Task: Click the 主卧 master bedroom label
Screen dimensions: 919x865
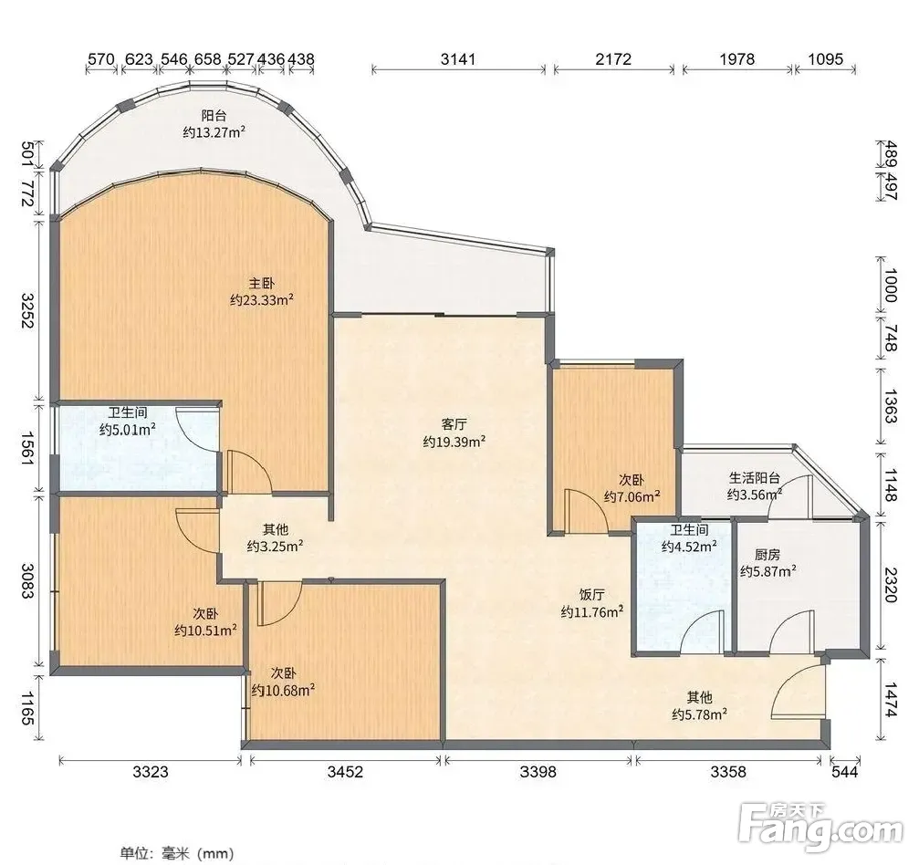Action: coord(261,284)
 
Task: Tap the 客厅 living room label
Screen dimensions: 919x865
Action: coord(454,424)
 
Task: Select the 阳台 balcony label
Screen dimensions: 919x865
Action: coord(214,116)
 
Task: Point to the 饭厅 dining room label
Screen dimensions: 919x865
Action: coord(592,595)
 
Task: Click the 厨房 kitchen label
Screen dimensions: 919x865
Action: coord(768,554)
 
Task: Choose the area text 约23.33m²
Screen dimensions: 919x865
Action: coord(261,300)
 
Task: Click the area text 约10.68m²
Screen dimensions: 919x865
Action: coord(283,691)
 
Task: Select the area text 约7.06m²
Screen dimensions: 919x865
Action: coord(632,497)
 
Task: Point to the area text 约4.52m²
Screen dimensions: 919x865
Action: coord(689,547)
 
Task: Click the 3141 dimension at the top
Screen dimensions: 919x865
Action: coord(458,59)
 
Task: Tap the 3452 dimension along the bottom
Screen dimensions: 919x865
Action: coord(345,772)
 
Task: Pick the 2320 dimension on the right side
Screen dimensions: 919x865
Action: coord(891,584)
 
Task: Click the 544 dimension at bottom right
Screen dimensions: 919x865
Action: coord(844,772)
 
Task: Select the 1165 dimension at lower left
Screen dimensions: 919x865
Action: coord(28,708)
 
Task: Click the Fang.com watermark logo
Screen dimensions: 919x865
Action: coord(820,828)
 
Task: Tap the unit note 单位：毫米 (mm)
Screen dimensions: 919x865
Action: coord(177,853)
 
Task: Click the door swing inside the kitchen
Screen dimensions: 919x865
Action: coord(792,631)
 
